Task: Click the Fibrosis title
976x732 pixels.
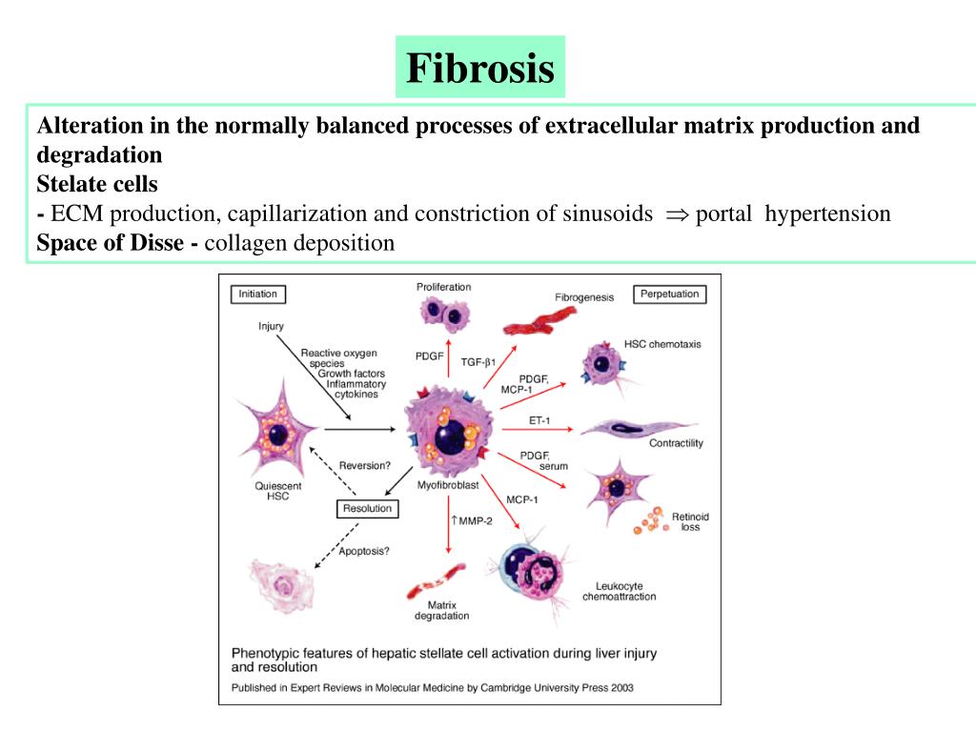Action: pos(480,68)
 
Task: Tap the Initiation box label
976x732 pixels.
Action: pos(257,295)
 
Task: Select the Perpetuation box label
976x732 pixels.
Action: pos(669,295)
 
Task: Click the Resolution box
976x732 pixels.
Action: pos(368,509)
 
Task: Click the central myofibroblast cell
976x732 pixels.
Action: pos(449,427)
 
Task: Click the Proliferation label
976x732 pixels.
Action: pos(443,287)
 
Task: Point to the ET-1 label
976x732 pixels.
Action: pos(538,420)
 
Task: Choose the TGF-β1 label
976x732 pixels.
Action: pos(480,362)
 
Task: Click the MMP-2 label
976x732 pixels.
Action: pos(471,519)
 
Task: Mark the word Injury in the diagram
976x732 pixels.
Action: pos(272,327)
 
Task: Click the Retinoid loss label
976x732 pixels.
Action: pos(690,521)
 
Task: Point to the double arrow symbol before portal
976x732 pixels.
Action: pos(676,214)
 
